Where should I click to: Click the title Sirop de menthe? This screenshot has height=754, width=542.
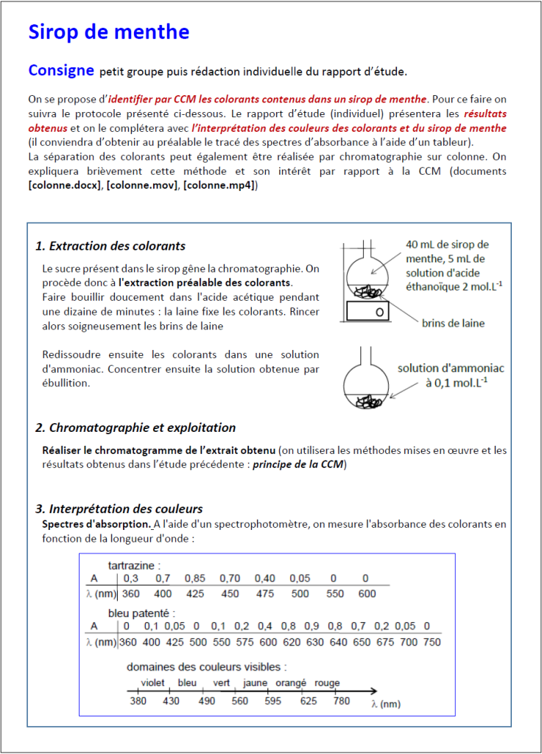click(108, 32)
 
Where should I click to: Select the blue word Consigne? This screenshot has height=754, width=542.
click(61, 71)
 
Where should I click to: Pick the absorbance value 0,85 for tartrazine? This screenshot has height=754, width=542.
click(195, 579)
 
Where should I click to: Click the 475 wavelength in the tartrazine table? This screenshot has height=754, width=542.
click(265, 594)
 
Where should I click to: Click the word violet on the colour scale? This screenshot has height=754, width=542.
click(152, 683)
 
